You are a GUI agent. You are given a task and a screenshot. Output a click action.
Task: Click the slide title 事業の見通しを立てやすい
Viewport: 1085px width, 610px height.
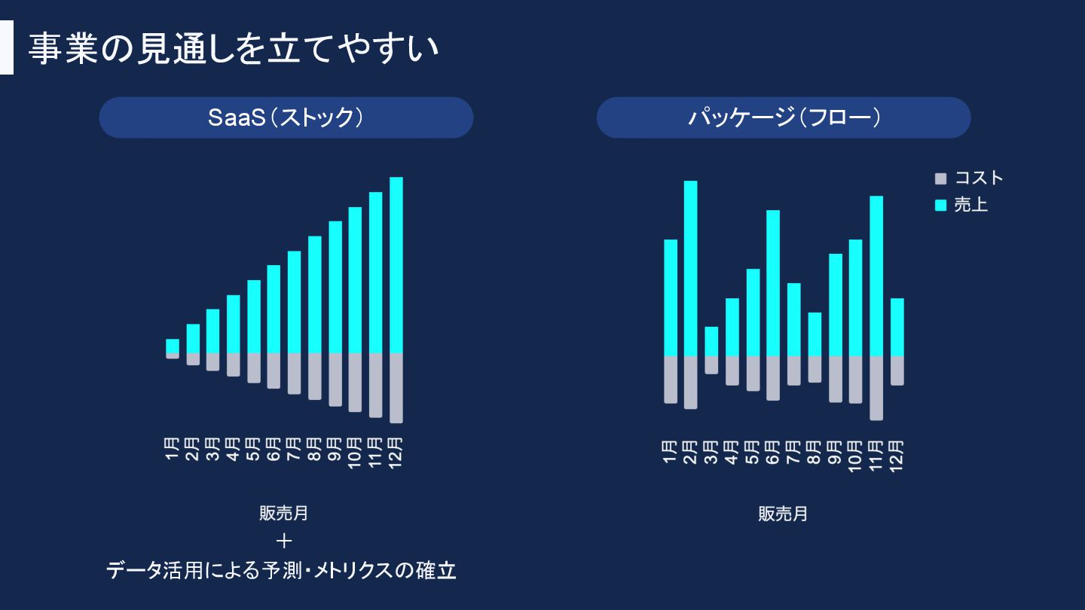pyautogui.click(x=234, y=50)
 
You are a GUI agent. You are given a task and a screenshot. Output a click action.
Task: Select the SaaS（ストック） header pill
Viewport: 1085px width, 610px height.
pyautogui.click(x=286, y=117)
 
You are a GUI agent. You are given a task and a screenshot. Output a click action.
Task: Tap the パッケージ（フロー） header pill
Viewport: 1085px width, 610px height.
pyautogui.click(x=783, y=117)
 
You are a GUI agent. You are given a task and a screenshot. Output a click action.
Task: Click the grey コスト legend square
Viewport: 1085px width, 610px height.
pyautogui.click(x=940, y=179)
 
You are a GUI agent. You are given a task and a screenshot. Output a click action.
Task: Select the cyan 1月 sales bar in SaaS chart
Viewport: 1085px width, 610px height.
pyautogui.click(x=173, y=346)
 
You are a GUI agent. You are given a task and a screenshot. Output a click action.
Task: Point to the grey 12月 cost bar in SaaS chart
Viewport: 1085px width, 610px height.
pyautogui.click(x=396, y=387)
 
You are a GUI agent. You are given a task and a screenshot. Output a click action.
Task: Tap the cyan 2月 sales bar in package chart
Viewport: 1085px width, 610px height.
pyautogui.click(x=690, y=267)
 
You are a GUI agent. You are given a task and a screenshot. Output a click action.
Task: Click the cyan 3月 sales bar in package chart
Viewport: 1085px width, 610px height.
pyautogui.click(x=711, y=340)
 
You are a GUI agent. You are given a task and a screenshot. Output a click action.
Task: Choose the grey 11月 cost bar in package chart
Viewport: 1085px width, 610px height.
pyautogui.click(x=876, y=387)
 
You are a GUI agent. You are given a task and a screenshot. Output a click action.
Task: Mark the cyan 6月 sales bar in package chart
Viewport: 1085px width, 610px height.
pyautogui.click(x=773, y=282)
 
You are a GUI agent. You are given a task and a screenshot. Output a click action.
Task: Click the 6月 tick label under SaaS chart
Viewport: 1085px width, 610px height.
pyautogui.click(x=274, y=450)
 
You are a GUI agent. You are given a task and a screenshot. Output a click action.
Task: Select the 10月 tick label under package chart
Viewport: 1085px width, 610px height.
pyautogui.click(x=855, y=455)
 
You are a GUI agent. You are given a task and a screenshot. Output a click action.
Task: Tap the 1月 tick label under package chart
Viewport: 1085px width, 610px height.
pyautogui.click(x=670, y=450)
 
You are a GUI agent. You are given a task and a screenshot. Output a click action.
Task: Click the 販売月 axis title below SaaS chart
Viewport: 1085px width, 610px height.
pyautogui.click(x=284, y=514)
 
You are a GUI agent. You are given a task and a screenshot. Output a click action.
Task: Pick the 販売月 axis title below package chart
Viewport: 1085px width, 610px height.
pyautogui.click(x=783, y=514)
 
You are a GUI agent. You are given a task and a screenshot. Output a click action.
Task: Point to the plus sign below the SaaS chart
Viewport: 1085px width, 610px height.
pyautogui.click(x=284, y=541)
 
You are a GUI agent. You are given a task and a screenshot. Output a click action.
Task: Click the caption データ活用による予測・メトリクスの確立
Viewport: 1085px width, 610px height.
pyautogui.click(x=281, y=570)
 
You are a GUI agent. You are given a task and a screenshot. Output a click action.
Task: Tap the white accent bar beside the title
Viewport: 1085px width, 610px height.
pyautogui.click(x=7, y=47)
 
